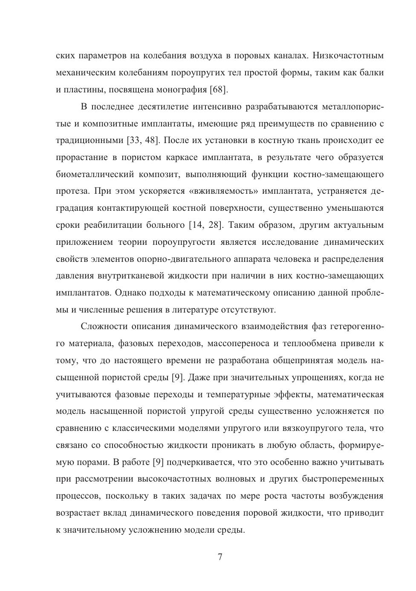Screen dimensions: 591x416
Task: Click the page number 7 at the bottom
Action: pos(220,557)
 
